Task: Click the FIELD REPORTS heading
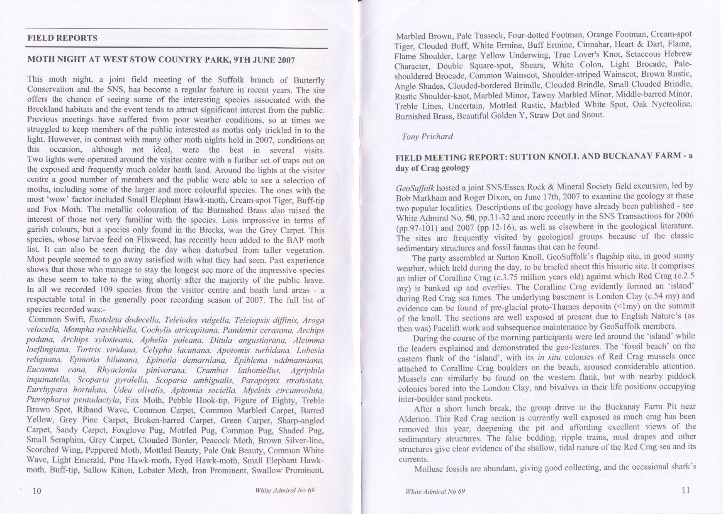[x=62, y=38]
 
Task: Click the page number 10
[x=37, y=491]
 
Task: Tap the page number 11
[x=685, y=490]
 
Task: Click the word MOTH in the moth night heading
[x=40, y=60]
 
